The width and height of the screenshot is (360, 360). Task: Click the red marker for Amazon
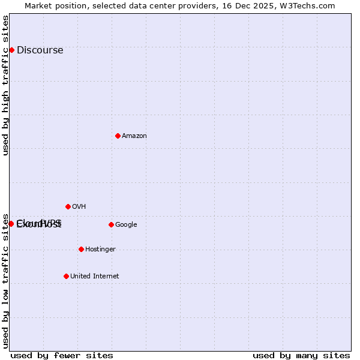118,136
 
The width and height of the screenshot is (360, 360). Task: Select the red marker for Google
111,224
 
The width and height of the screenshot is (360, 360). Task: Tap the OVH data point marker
68,206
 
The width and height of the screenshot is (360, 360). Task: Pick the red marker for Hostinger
81,249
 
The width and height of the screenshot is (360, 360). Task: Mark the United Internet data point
66,276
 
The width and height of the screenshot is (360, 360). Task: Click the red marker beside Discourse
11,50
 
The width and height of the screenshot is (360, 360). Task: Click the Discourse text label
40,50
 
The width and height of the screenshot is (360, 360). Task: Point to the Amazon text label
134,136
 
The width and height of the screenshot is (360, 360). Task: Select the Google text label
126,225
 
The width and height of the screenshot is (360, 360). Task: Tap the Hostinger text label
100,250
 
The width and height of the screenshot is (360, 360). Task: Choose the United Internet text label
94,277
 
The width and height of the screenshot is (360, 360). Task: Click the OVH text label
79,207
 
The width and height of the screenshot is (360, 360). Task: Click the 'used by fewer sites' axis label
62,355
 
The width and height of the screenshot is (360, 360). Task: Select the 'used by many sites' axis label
301,355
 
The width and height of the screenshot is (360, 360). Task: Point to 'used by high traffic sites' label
6,85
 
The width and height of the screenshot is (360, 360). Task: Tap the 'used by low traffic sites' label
6,280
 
